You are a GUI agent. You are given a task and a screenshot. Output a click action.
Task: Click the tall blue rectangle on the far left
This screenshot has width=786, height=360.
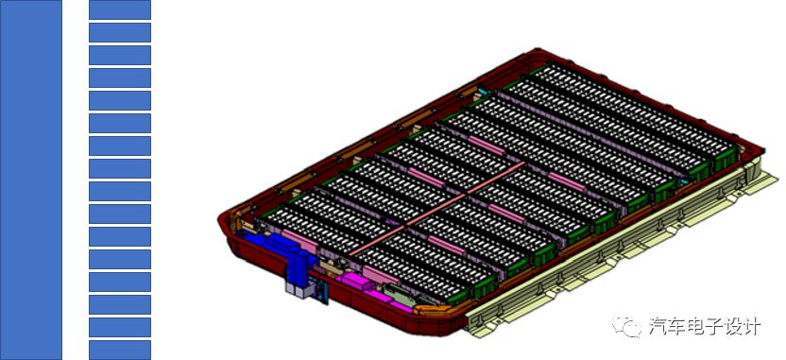click(30, 180)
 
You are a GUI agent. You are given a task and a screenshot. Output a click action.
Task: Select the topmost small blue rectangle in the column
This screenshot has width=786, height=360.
click(120, 9)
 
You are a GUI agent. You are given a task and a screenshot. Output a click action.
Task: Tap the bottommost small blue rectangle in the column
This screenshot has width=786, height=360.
click(120, 350)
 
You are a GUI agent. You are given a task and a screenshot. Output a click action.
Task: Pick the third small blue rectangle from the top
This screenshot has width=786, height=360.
click(120, 55)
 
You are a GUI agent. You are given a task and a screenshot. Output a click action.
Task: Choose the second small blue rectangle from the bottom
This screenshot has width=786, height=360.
click(120, 327)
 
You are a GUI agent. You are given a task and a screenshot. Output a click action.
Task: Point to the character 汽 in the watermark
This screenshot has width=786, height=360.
click(659, 327)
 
